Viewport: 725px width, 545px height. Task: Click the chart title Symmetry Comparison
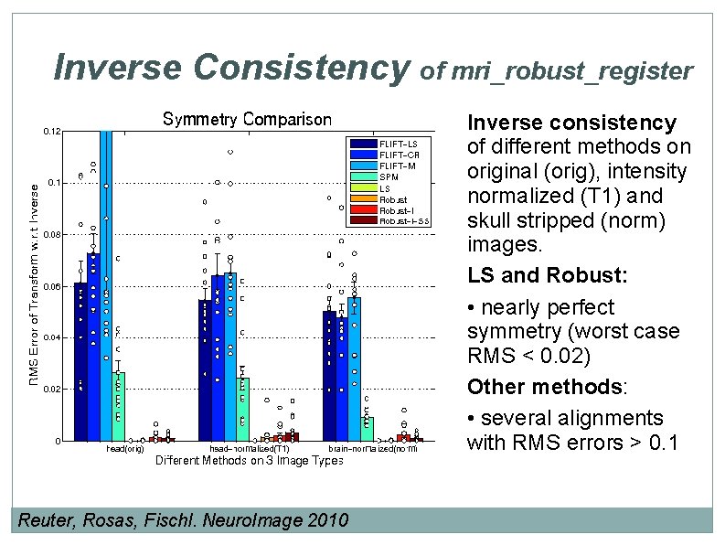(x=247, y=120)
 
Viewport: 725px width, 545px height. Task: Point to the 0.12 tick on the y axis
(x=52, y=132)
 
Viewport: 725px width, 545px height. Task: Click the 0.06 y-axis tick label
(x=52, y=287)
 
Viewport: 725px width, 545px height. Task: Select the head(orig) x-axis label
(x=125, y=449)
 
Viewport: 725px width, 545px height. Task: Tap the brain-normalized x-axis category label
(x=373, y=449)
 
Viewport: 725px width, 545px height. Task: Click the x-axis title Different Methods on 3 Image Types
(x=249, y=461)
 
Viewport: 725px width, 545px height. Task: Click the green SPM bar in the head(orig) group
(x=118, y=406)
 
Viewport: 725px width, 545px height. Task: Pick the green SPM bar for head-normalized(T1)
(x=242, y=410)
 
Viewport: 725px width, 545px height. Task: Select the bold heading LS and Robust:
(x=524, y=275)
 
